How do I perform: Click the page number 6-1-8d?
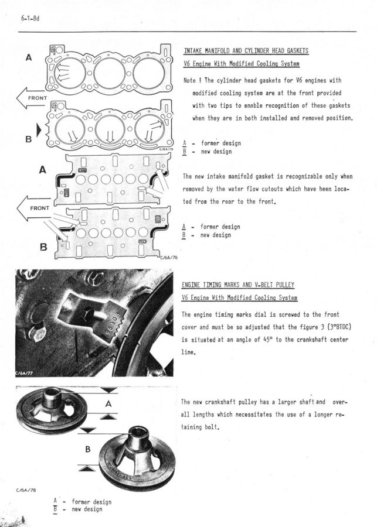(x=30, y=19)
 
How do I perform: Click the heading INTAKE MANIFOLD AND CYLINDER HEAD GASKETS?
(x=246, y=51)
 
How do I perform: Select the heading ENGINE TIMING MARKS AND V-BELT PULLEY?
(x=238, y=285)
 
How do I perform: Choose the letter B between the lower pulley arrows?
(x=88, y=450)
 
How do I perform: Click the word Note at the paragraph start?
(x=190, y=80)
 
